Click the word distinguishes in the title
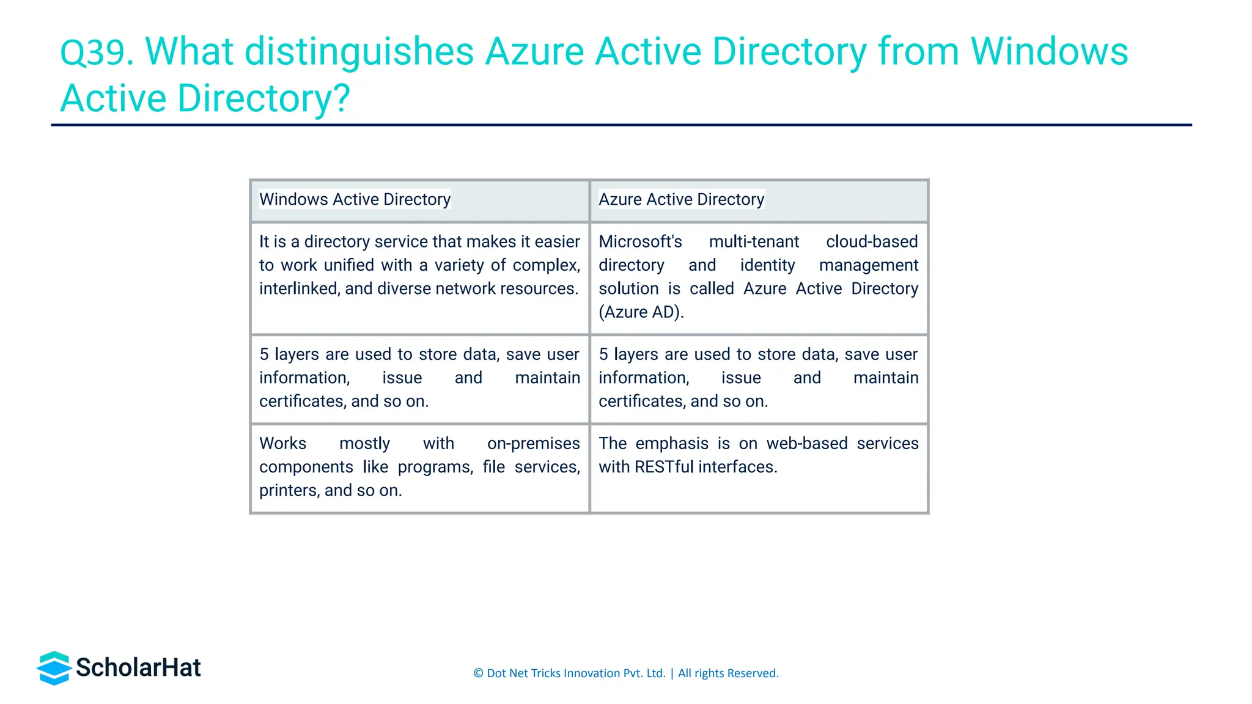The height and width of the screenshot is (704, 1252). pyautogui.click(x=359, y=52)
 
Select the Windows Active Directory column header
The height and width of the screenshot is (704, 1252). pyautogui.click(x=355, y=199)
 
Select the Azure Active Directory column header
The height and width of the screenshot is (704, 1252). pyautogui.click(x=681, y=199)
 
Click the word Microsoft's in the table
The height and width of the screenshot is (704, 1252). pyautogui.click(x=640, y=242)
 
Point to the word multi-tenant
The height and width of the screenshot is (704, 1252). pyautogui.click(x=754, y=242)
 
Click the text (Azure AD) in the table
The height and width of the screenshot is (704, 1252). pyautogui.click(x=641, y=312)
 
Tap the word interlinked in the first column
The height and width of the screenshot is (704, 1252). pyautogui.click(x=297, y=288)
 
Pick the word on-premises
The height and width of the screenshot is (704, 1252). pyautogui.click(x=533, y=444)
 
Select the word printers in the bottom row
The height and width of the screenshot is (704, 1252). pyautogui.click(x=287, y=491)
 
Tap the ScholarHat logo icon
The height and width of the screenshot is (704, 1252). pyautogui.click(x=54, y=668)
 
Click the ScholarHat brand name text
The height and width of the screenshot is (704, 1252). pyautogui.click(x=138, y=668)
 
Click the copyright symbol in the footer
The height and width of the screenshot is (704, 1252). pyautogui.click(x=478, y=673)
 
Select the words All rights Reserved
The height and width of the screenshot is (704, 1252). pyautogui.click(x=728, y=673)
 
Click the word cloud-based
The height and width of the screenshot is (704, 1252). pyautogui.click(x=872, y=242)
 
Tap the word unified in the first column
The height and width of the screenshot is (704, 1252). pyautogui.click(x=348, y=265)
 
